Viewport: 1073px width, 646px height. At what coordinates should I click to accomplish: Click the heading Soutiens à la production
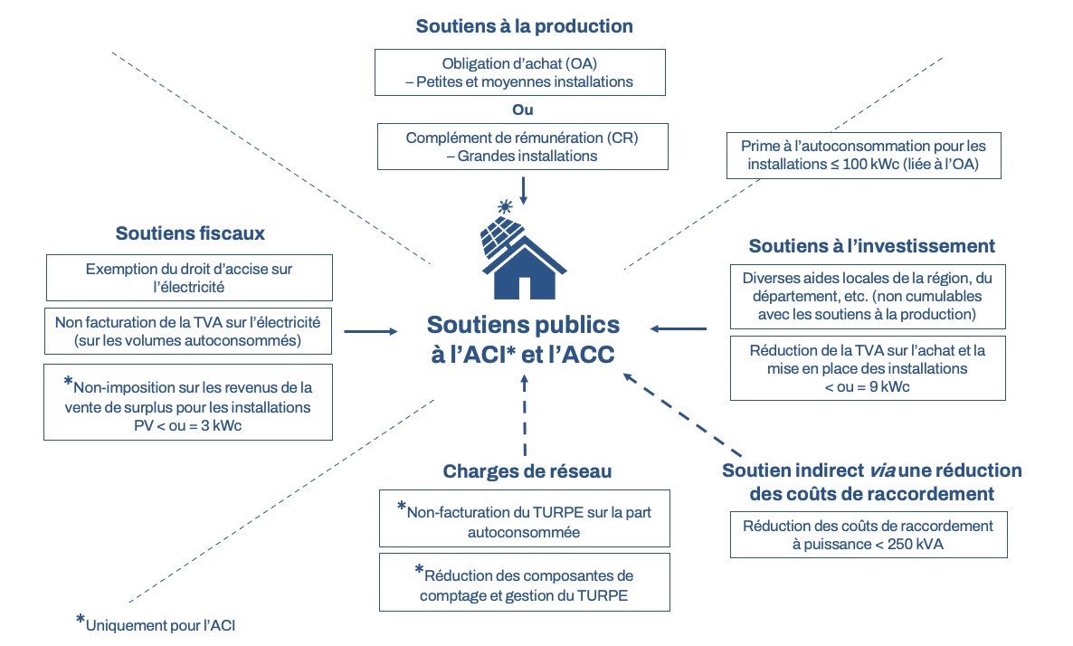(x=524, y=26)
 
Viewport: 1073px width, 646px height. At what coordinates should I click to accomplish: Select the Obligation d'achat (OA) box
(x=520, y=72)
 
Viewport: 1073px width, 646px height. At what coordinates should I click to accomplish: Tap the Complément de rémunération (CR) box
(x=522, y=146)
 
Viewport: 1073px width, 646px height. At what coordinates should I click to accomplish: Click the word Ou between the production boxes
(x=523, y=110)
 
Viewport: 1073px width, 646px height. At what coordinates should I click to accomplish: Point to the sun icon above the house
(x=505, y=205)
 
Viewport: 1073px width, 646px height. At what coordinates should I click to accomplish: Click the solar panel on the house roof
(x=500, y=238)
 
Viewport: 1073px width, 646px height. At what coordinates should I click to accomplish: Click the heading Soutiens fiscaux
(x=190, y=233)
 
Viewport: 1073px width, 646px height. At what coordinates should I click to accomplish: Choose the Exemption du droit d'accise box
(x=189, y=278)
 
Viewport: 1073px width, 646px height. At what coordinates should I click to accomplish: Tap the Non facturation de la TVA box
(x=188, y=330)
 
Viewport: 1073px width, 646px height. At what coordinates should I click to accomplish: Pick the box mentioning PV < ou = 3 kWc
(x=188, y=402)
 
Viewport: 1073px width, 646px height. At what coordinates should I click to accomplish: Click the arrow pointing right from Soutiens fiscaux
(x=370, y=332)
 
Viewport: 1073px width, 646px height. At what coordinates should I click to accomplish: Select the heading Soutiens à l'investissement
(x=871, y=246)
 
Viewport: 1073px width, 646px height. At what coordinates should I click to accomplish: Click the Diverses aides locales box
(x=868, y=297)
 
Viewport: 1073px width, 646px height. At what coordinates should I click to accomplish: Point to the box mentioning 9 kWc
(x=868, y=368)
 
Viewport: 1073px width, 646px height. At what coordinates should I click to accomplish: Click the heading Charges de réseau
(x=527, y=471)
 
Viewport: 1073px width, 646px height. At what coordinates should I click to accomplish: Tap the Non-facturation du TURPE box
(x=524, y=521)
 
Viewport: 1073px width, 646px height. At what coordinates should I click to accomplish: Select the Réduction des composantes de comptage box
(x=524, y=584)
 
